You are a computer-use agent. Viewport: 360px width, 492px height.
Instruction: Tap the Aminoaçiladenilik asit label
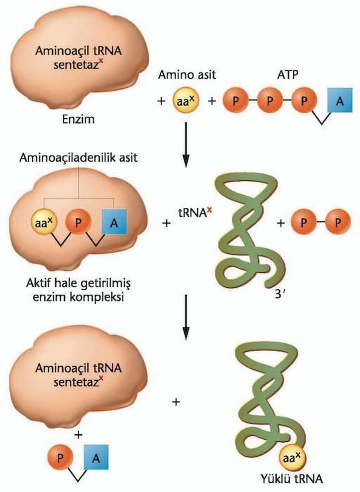pyautogui.click(x=78, y=158)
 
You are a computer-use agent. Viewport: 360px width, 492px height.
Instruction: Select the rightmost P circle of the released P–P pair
pyautogui.click(x=338, y=223)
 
